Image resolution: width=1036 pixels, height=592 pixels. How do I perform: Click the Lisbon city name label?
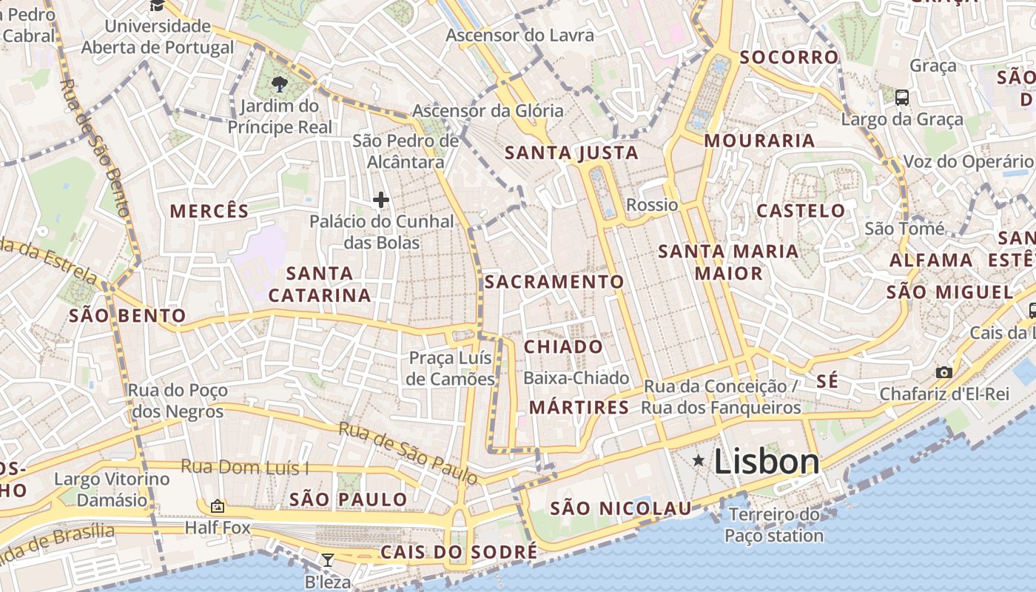(x=767, y=462)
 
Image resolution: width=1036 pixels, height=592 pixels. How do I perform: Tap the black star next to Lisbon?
(x=698, y=461)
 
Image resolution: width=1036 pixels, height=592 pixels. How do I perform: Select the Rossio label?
(x=651, y=204)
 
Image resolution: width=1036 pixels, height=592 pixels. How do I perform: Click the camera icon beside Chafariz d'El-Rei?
(x=943, y=372)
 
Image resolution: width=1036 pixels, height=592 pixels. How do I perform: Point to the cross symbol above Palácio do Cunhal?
(x=381, y=200)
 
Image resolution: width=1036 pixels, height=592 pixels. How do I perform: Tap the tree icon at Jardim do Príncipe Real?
(x=280, y=84)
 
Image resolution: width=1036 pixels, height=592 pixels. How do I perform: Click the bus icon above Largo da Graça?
(x=902, y=97)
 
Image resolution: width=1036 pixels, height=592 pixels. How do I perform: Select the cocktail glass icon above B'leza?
(x=328, y=559)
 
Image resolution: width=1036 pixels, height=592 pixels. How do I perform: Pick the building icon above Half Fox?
(x=217, y=507)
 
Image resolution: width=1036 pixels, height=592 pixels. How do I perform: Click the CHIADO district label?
(x=563, y=347)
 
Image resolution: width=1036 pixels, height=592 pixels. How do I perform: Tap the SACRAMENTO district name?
(x=554, y=282)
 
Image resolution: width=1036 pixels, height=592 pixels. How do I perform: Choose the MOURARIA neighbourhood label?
(x=759, y=141)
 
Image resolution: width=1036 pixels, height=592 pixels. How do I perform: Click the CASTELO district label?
(x=801, y=211)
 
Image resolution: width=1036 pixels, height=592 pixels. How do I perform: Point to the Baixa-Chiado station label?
(x=576, y=378)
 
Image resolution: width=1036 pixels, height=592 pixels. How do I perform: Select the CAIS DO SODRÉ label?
(x=459, y=553)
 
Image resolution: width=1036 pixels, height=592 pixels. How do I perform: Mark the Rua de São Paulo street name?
(x=408, y=453)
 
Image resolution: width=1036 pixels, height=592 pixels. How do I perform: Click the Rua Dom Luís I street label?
(x=246, y=468)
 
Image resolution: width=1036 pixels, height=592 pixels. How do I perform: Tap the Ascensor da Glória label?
(x=488, y=111)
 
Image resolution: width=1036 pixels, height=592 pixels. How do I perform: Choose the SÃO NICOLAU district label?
(x=621, y=508)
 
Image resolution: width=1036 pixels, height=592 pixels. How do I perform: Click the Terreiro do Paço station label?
(x=774, y=525)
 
